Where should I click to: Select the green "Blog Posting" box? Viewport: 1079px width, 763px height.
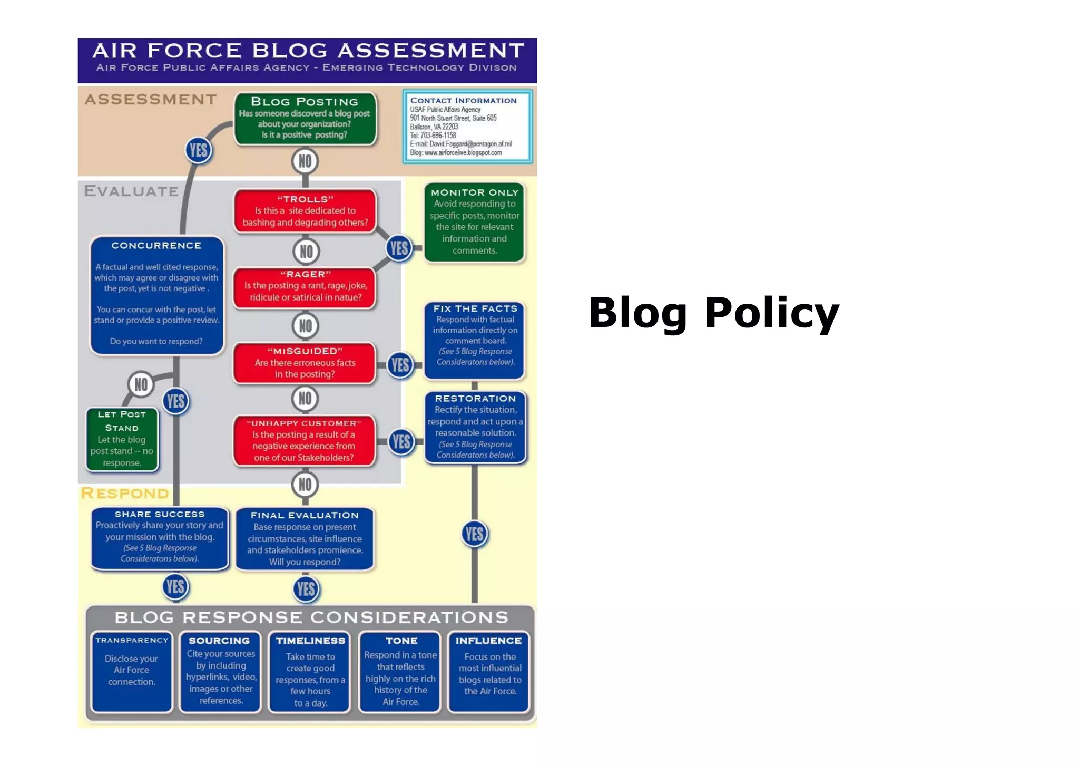tap(305, 119)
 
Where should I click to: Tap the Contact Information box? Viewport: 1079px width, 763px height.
tap(467, 127)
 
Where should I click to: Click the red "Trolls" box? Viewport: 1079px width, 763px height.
tap(305, 211)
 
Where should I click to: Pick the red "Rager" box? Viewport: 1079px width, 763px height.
tap(305, 286)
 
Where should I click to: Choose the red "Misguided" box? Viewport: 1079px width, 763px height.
tap(305, 363)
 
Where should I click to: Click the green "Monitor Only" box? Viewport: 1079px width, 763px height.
tap(474, 222)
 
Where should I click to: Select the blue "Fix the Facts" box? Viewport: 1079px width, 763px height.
tap(474, 340)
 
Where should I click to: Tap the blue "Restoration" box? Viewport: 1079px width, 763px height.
tap(474, 427)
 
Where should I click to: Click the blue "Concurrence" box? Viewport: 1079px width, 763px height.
tap(156, 295)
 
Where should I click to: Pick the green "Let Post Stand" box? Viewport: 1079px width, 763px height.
tap(122, 439)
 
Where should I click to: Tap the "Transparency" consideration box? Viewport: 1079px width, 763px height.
tap(132, 671)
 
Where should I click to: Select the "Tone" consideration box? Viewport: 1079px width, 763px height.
tap(400, 671)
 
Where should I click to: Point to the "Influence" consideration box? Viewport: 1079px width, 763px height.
tap(489, 671)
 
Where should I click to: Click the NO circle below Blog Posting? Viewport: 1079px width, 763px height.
tap(305, 161)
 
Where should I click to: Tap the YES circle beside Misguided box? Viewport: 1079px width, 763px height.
tap(400, 364)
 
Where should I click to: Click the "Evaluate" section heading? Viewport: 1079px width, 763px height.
tap(131, 191)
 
